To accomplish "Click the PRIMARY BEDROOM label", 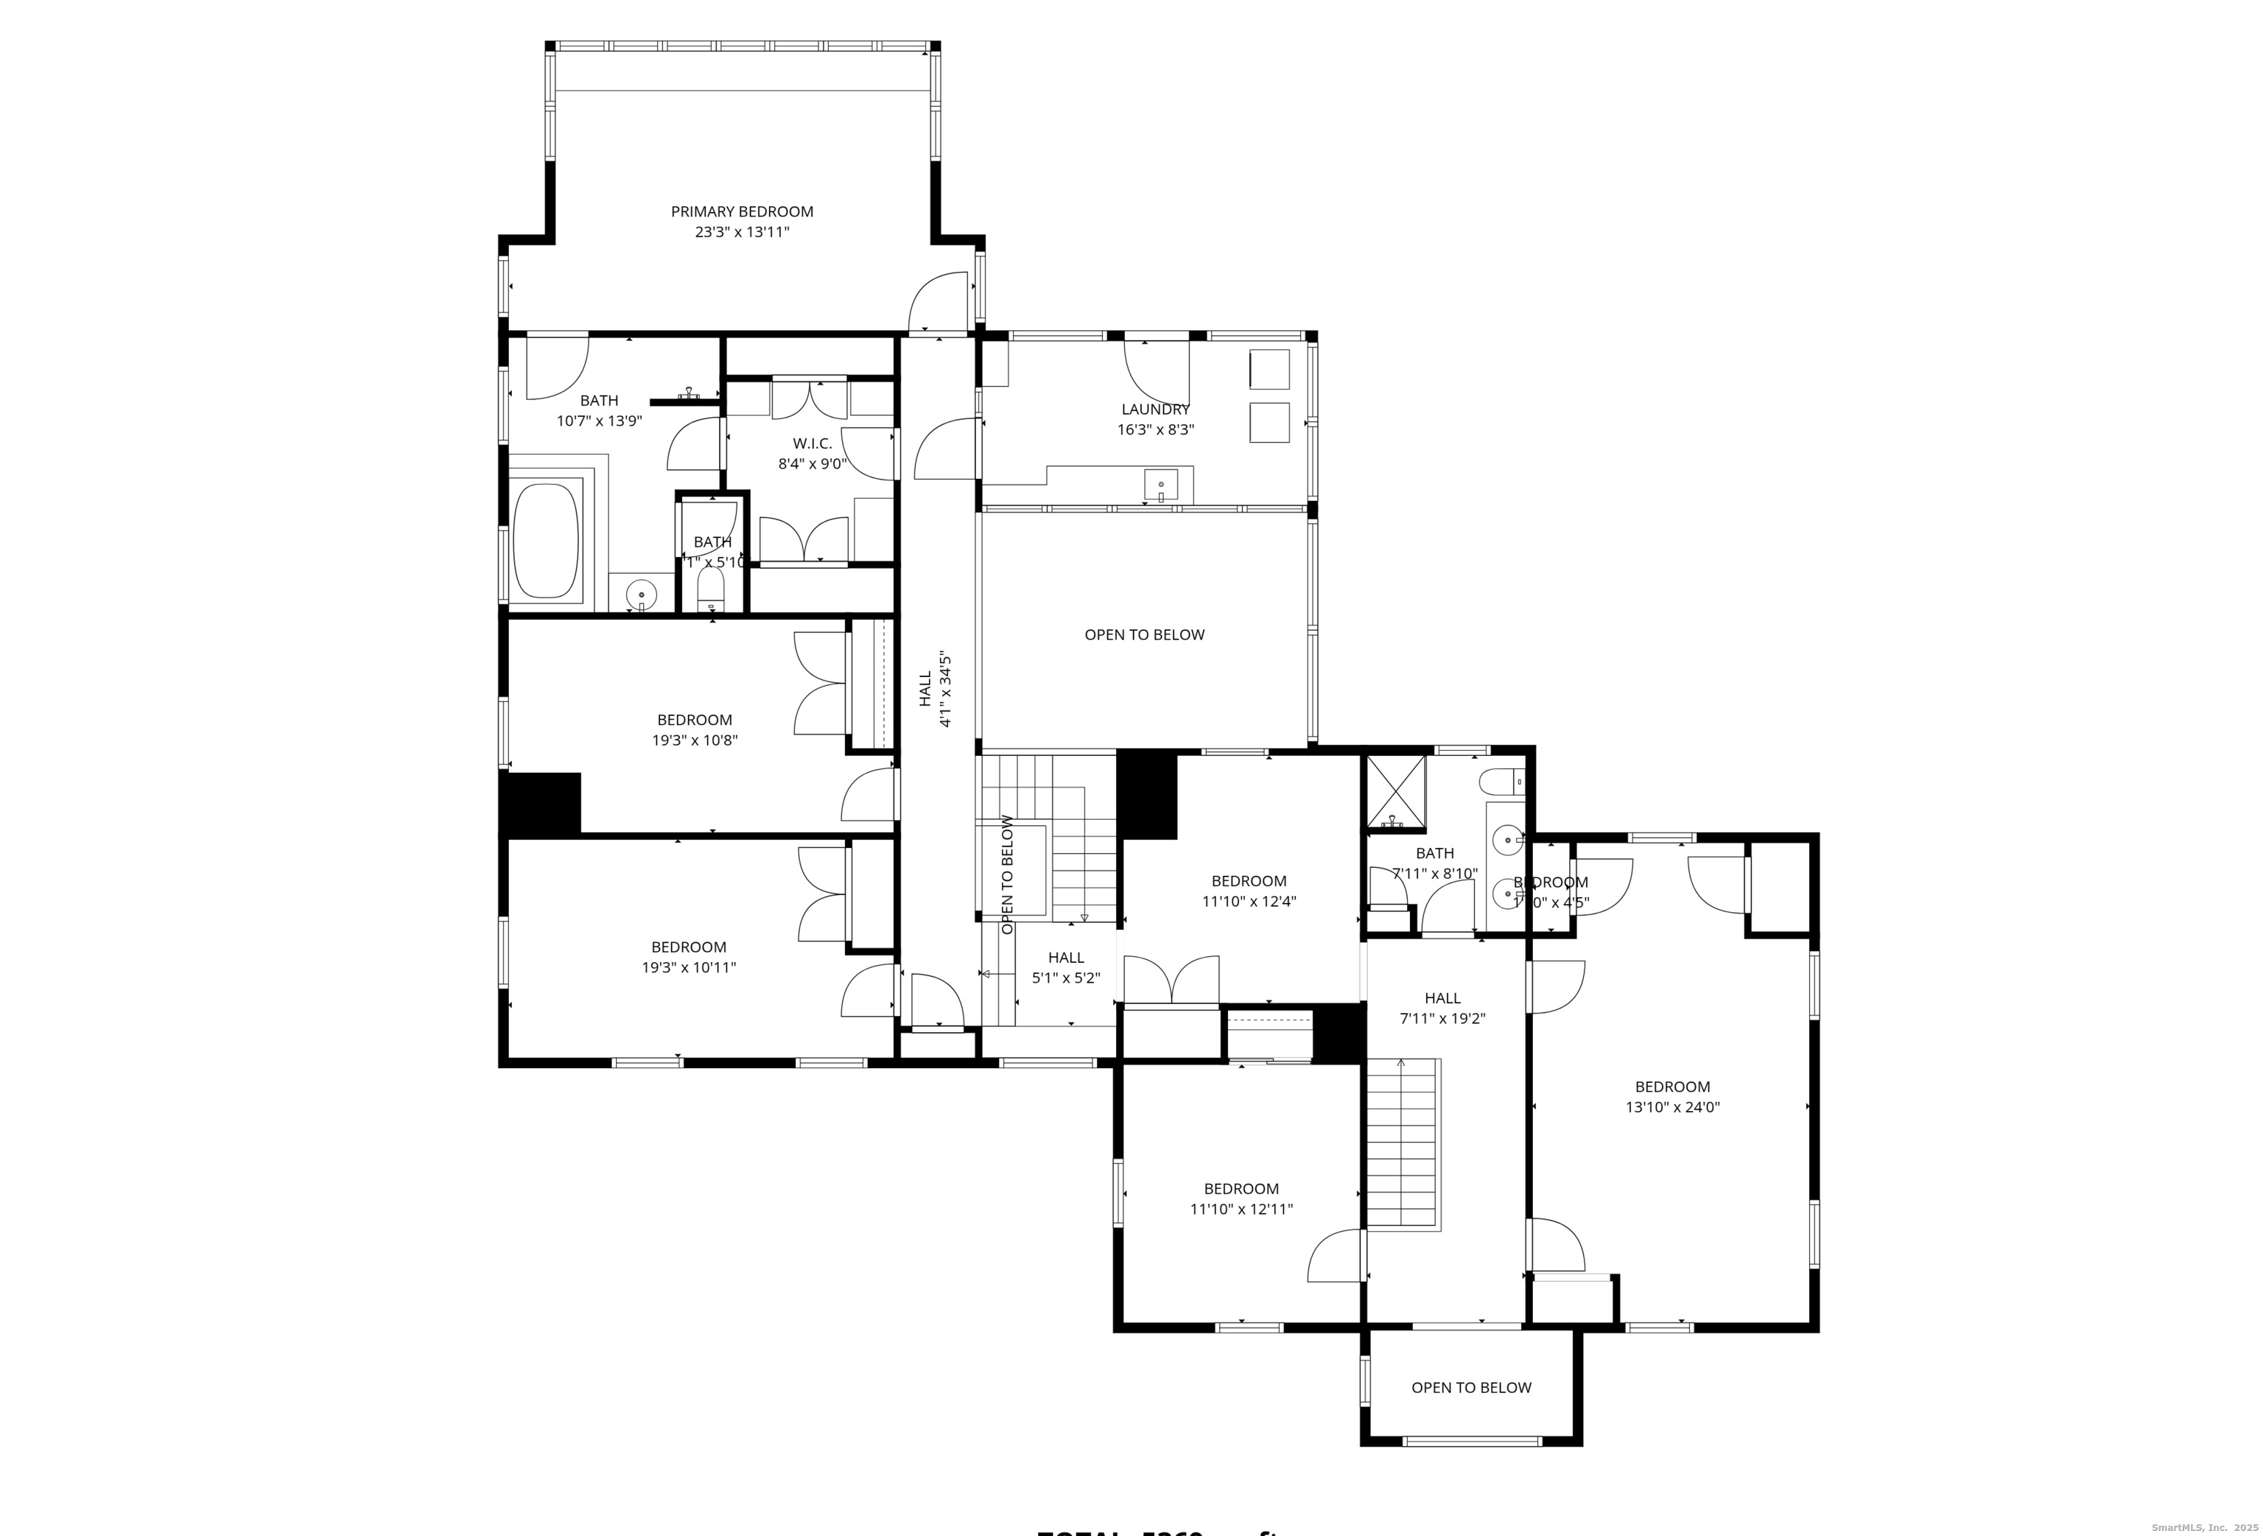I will (742, 211).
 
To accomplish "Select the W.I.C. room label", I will (812, 443).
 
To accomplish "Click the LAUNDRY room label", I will (1155, 409).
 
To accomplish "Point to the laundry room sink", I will (1161, 485).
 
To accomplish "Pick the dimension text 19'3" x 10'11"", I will (689, 967).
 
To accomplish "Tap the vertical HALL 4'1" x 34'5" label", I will (935, 690).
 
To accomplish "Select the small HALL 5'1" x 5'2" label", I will (1066, 967).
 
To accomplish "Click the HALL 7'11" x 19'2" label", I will (1442, 1007).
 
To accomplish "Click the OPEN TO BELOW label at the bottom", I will (1470, 1387).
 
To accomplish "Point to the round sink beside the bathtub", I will (641, 593).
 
